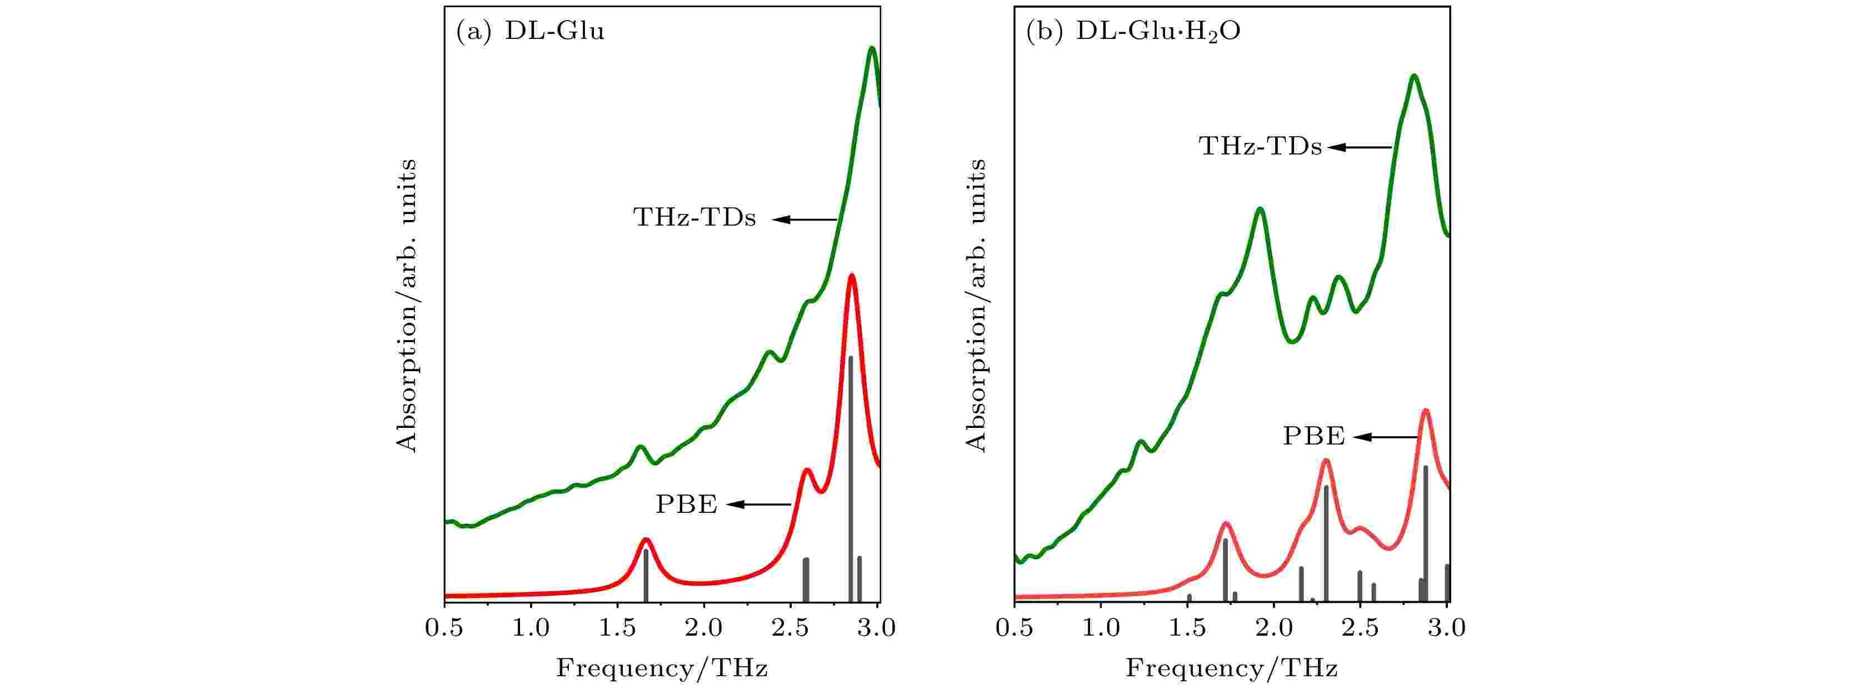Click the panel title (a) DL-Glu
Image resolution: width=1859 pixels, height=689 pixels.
(531, 32)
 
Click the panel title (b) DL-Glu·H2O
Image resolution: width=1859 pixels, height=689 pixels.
(1133, 32)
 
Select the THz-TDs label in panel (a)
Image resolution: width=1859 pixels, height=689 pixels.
(694, 217)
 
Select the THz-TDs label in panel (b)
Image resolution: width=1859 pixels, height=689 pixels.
(1260, 147)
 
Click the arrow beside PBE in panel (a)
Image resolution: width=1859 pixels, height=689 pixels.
(758, 505)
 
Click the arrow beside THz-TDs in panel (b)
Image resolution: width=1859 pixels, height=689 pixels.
(1359, 147)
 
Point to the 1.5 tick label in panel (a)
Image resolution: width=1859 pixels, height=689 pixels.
(617, 628)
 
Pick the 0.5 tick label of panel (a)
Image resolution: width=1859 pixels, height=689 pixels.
(444, 628)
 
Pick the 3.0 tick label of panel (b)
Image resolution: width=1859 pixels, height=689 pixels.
(1446, 628)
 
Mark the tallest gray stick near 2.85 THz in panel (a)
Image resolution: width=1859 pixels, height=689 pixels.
(850, 476)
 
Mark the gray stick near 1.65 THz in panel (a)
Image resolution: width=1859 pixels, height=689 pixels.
(646, 576)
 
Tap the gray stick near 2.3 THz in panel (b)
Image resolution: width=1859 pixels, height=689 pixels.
(1326, 541)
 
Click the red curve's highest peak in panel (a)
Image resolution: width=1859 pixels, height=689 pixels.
(852, 276)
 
